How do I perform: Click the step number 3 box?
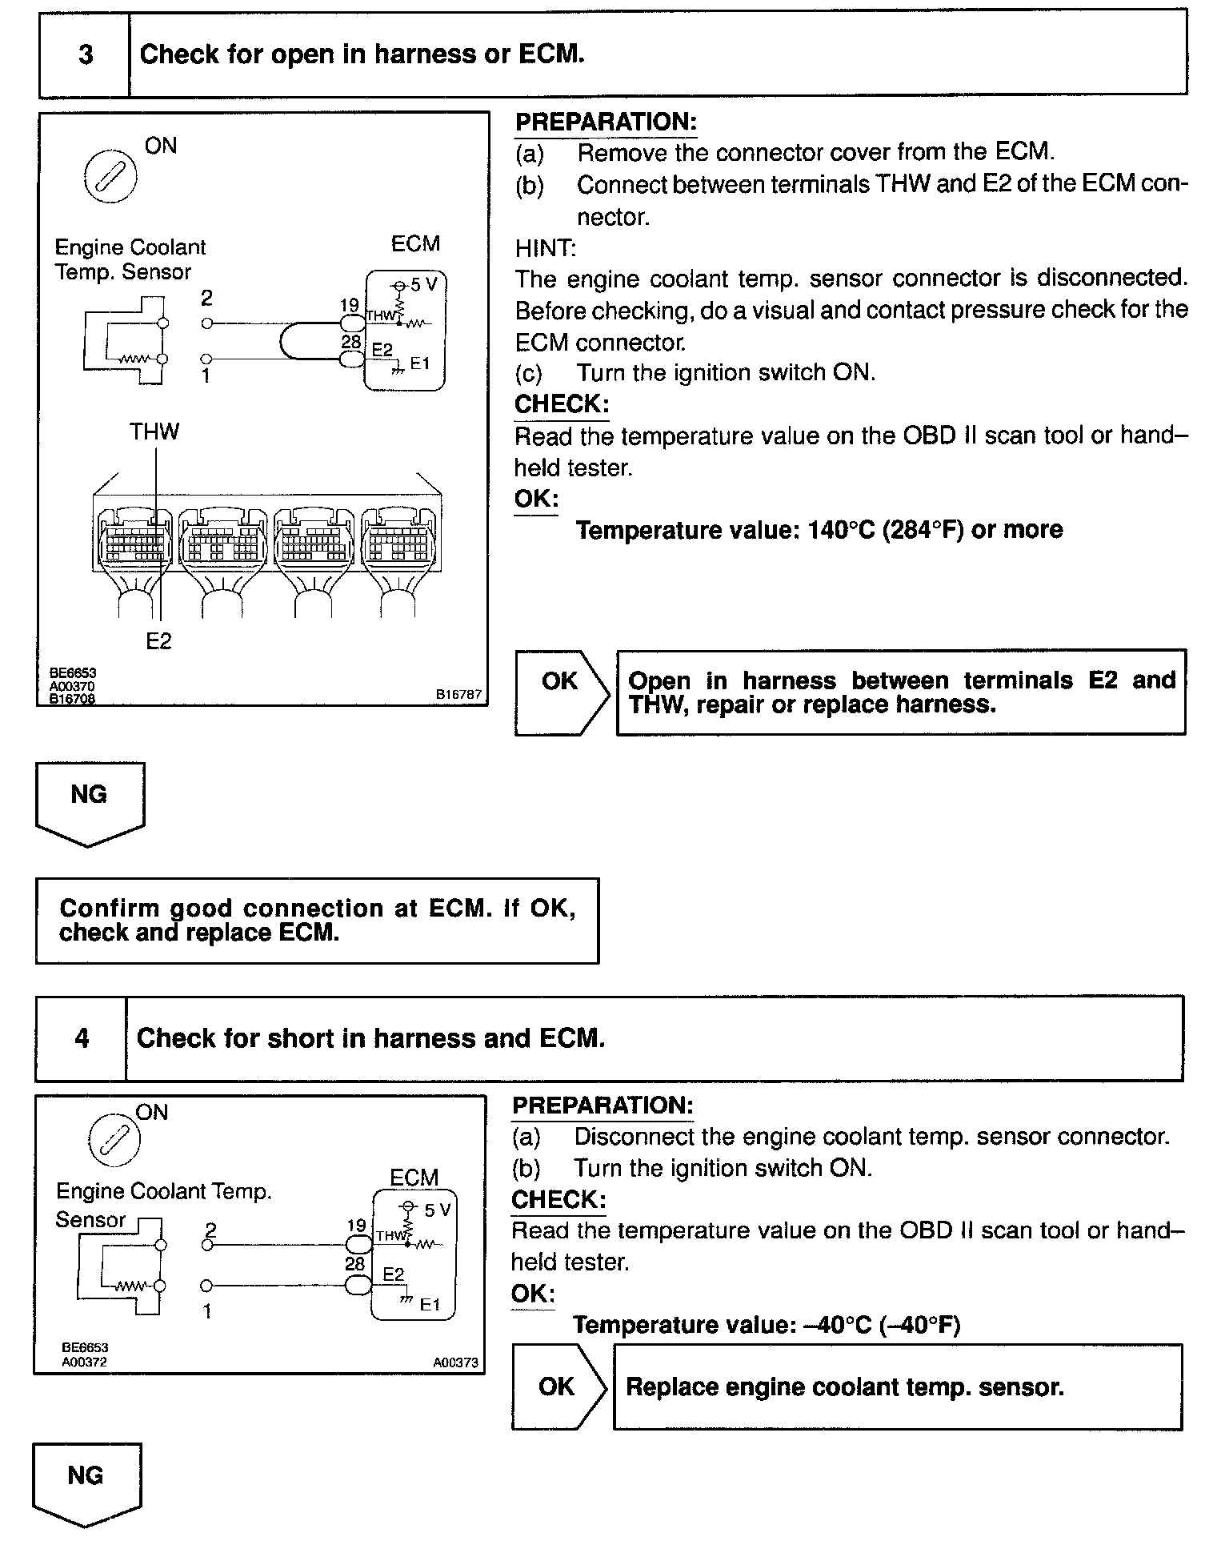point(85,54)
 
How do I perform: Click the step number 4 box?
point(82,1038)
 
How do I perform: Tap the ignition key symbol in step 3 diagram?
point(110,175)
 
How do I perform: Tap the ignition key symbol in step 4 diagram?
point(114,1139)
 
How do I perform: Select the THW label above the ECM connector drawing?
point(154,432)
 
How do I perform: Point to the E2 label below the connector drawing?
point(158,641)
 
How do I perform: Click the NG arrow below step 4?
point(86,1482)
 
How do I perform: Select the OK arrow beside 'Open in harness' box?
point(561,692)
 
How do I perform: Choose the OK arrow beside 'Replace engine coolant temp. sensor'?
point(558,1386)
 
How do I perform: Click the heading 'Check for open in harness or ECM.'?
point(362,54)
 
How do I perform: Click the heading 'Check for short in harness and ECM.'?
point(370,1038)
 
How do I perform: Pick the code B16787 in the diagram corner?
point(458,694)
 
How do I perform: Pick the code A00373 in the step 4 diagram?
point(456,1362)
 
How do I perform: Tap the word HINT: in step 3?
point(545,248)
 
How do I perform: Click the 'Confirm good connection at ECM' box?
point(317,921)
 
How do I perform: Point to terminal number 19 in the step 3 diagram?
point(349,305)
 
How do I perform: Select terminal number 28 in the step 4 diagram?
point(354,1263)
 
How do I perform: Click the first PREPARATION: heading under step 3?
point(606,122)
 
